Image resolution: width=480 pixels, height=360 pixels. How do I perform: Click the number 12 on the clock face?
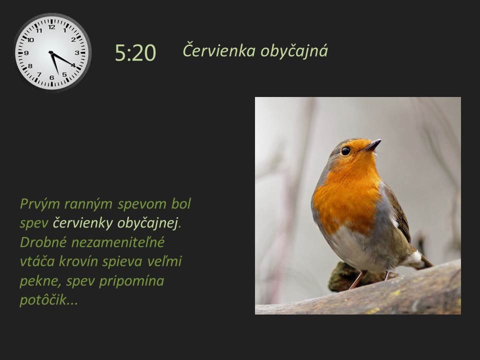point(51,27)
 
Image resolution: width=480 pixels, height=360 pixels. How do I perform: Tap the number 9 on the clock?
point(26,53)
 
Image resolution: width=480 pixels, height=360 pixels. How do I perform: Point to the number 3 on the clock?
point(77,52)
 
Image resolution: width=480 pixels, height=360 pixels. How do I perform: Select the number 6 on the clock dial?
point(51,78)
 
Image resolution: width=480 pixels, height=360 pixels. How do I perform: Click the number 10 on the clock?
point(30,40)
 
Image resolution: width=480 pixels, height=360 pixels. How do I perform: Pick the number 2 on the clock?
point(73,39)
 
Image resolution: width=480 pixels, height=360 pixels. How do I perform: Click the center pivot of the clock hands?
point(50,52)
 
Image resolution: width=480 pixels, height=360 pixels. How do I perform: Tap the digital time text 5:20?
point(135,52)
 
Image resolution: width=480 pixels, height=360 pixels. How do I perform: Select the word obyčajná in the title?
point(294,51)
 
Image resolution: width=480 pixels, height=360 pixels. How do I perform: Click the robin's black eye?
point(345,150)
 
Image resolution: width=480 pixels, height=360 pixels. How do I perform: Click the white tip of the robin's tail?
point(415,257)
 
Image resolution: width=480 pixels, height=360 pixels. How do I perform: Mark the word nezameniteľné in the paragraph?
point(118,242)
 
